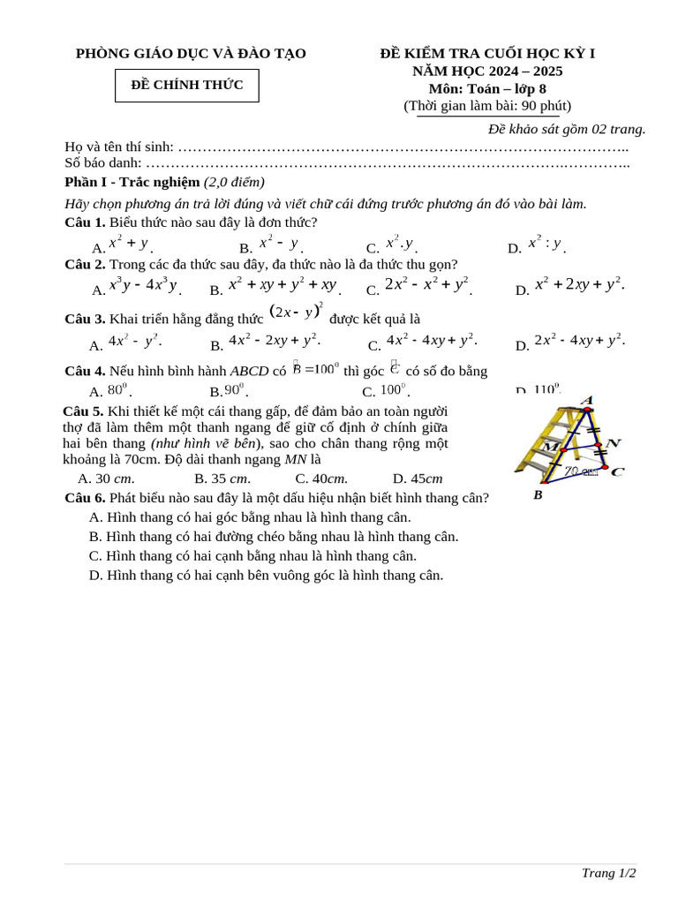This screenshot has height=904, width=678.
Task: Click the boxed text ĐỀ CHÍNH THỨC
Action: click(187, 85)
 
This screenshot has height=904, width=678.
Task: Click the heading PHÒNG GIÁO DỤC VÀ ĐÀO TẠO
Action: click(191, 54)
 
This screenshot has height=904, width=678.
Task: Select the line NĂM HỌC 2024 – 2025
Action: click(487, 72)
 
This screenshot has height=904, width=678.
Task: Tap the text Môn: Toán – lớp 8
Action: click(487, 88)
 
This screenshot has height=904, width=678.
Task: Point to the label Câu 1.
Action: click(85, 222)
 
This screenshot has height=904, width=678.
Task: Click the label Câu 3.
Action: click(85, 319)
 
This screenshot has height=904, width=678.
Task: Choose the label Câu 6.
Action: click(85, 498)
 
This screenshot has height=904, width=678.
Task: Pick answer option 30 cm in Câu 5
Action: click(106, 478)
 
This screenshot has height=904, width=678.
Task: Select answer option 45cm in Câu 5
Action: click(418, 478)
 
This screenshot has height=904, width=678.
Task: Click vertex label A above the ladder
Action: click(587, 400)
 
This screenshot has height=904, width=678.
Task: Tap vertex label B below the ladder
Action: click(538, 495)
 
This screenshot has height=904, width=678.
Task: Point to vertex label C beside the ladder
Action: click(618, 471)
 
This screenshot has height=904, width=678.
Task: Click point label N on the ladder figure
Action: click(614, 442)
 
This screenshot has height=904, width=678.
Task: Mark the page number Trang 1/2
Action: click(608, 873)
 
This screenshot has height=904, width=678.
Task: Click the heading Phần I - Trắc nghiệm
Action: click(132, 182)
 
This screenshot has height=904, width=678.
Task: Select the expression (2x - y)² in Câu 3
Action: click(297, 312)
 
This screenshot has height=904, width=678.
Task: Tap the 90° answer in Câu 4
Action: click(236, 389)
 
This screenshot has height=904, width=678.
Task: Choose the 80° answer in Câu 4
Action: click(118, 389)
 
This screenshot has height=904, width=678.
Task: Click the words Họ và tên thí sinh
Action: click(119, 147)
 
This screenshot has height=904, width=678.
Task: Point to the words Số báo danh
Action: click(103, 162)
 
